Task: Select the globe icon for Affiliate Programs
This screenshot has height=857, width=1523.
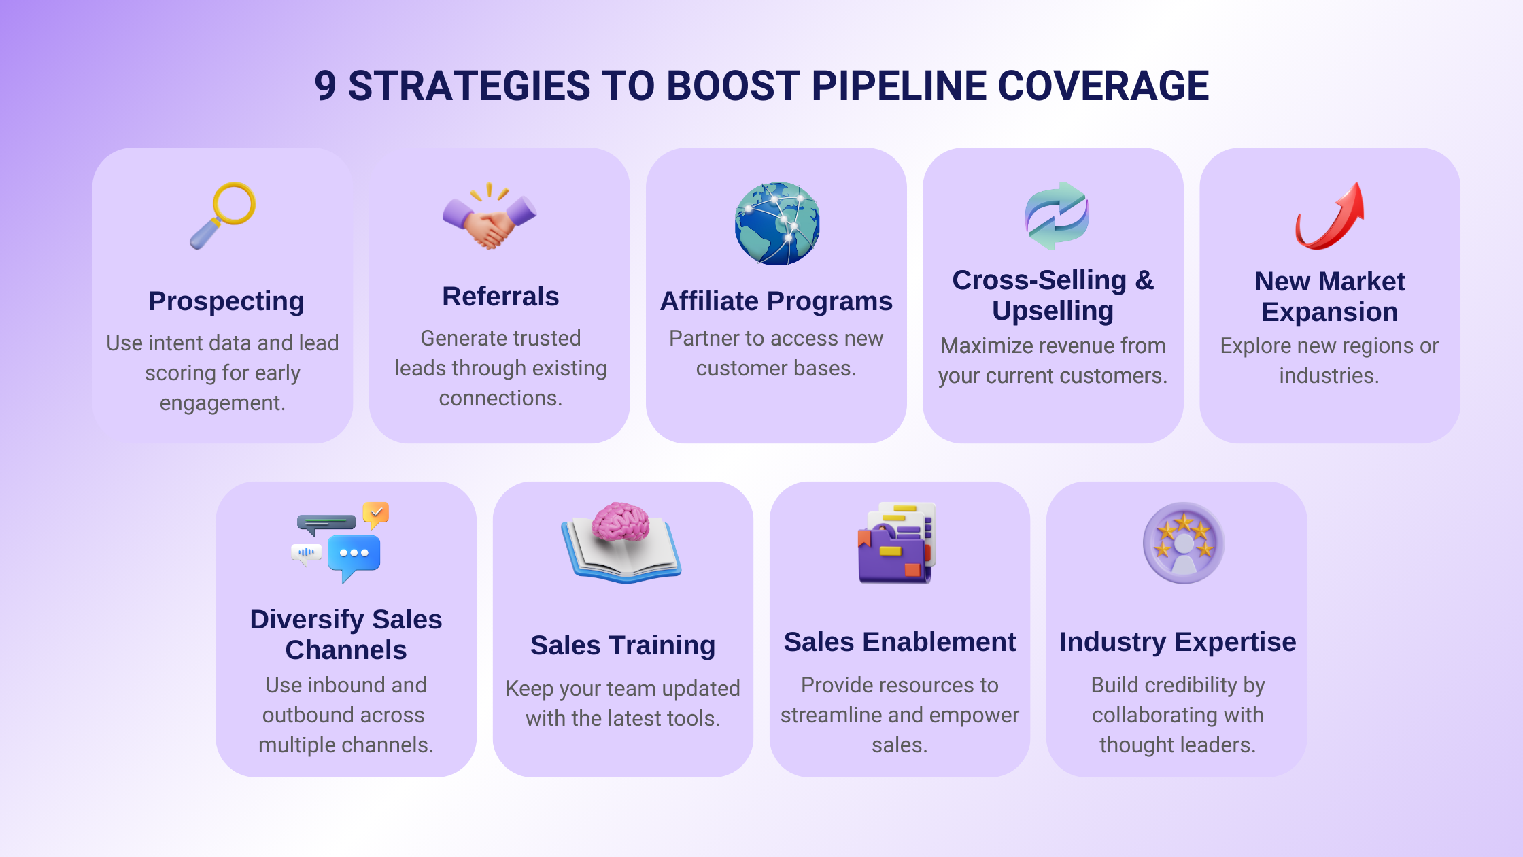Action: (777, 223)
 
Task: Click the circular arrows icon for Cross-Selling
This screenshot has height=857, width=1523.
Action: (1057, 216)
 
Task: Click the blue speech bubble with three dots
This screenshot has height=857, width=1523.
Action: (354, 556)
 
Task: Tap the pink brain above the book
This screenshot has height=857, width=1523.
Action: (620, 522)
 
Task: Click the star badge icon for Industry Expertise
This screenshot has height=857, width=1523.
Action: (1184, 543)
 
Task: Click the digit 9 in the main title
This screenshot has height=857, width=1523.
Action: (325, 86)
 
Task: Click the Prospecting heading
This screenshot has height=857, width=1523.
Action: (226, 301)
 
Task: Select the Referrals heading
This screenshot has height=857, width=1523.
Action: (500, 297)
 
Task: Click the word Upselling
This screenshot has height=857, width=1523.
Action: (1053, 312)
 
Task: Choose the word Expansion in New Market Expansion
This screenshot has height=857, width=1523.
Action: (1330, 313)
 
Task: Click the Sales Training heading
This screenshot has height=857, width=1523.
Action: (623, 646)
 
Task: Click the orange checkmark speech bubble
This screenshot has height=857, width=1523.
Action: (376, 514)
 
